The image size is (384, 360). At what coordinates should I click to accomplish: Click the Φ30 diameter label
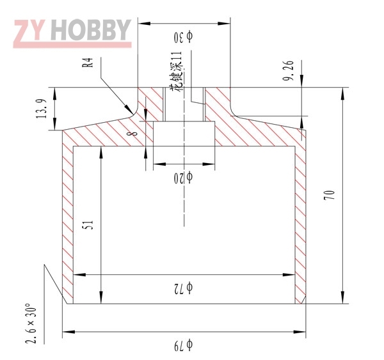[x=184, y=37]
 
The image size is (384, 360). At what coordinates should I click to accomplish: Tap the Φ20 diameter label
[x=184, y=178]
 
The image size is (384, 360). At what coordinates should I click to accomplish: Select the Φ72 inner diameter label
[x=184, y=288]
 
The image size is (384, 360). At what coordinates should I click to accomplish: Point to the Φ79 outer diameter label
[x=184, y=345]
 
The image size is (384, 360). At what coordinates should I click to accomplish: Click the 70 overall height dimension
[x=329, y=195]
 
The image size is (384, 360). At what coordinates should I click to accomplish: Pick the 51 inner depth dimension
[x=89, y=224]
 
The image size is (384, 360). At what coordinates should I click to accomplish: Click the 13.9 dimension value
[x=41, y=109]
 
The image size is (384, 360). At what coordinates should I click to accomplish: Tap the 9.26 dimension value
[x=288, y=71]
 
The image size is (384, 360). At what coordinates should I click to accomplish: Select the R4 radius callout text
[x=88, y=63]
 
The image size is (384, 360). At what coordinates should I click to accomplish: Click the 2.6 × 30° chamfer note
[x=31, y=324]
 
